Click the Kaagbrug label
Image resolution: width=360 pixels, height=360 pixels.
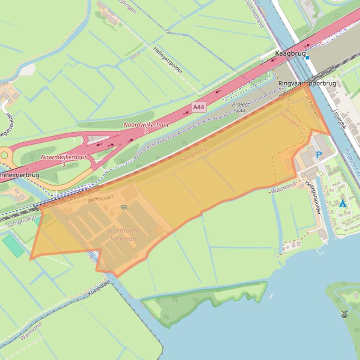tap(290, 54)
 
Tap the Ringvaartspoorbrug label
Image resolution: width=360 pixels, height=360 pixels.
tap(307, 83)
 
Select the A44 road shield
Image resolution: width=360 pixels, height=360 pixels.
tap(199, 108)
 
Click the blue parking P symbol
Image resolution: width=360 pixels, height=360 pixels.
tap(319, 155)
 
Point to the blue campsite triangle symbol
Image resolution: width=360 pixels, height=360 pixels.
tap(343, 203)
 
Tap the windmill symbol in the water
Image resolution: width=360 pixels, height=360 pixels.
tap(345, 314)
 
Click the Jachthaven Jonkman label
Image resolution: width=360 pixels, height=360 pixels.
tap(122, 235)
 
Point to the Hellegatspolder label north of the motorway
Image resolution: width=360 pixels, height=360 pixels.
tap(167, 59)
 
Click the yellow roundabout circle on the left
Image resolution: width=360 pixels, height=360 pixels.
tap(5, 154)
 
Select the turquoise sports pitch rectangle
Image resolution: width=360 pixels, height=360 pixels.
tap(13, 245)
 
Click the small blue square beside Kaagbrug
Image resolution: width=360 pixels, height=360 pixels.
tap(307, 58)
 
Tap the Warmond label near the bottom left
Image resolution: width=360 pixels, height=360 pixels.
tap(31, 331)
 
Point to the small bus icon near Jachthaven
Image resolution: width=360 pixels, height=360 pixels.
tap(123, 207)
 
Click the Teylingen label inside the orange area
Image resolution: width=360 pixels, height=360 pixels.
tap(289, 119)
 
